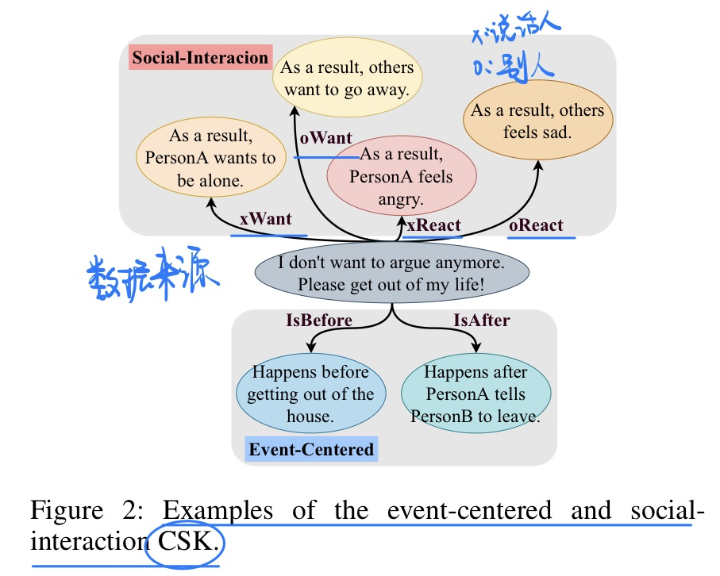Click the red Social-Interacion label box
(200, 58)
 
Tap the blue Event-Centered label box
(311, 450)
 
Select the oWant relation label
(325, 138)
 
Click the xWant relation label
(266, 220)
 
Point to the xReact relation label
(433, 225)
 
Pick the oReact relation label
(536, 225)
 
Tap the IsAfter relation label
(481, 320)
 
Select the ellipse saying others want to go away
(347, 79)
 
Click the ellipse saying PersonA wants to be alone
(210, 158)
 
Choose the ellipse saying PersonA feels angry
(401, 176)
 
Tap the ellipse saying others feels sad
(537, 121)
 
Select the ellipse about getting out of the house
(310, 394)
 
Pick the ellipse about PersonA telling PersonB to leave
(475, 394)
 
